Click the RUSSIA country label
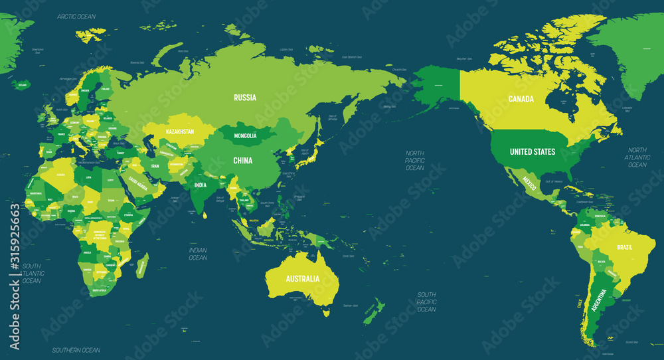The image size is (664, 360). point(245,98)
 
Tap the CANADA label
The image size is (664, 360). point(521,99)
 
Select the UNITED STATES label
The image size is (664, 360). point(533,152)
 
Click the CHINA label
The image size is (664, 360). point(242,160)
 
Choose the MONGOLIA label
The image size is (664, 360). point(245,136)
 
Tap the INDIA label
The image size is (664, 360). point(201,185)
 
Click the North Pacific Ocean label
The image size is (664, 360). point(415,161)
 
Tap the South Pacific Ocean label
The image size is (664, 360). point(426,302)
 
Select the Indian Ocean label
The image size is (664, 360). point(198,254)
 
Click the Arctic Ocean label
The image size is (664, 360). point(76,16)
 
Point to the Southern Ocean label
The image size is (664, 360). point(76,350)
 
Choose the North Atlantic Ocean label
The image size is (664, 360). point(637,157)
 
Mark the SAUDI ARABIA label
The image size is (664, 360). point(138,181)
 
